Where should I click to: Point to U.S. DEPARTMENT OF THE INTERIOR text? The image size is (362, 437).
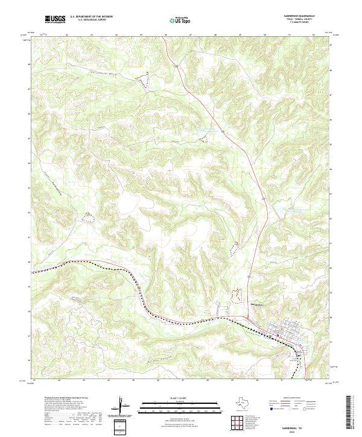click(91, 17)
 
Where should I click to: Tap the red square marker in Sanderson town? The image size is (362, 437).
click(278, 335)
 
